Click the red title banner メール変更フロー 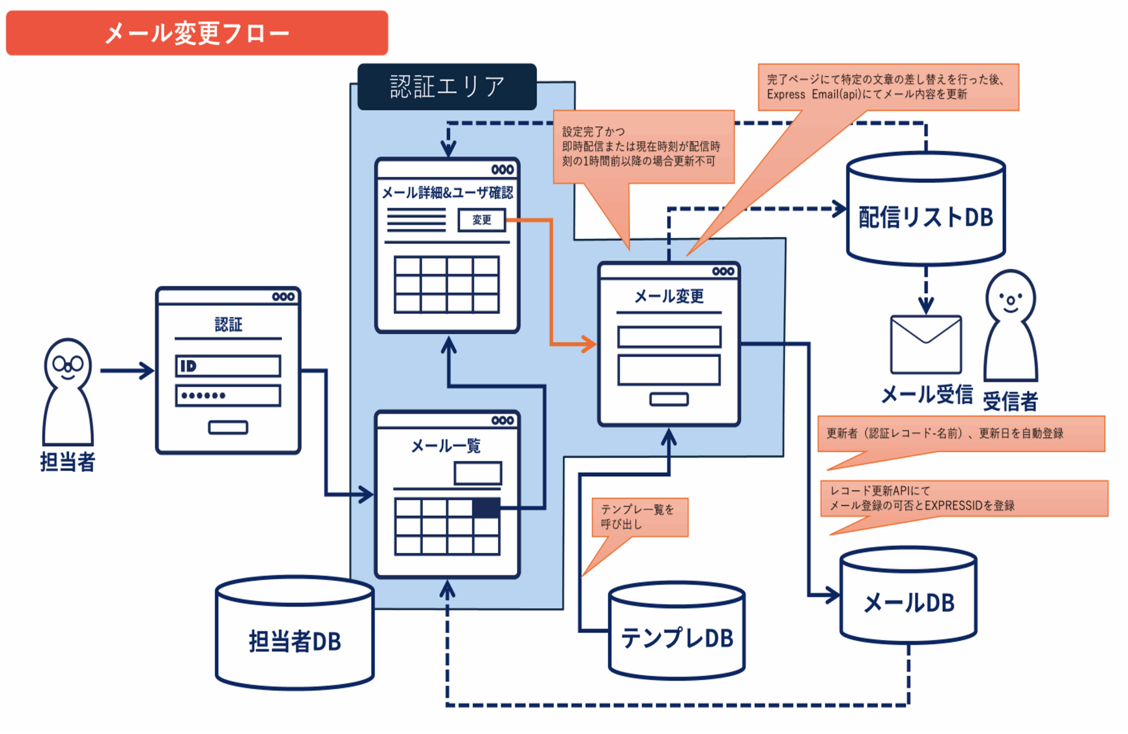tap(197, 33)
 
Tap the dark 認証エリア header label tap(447, 87)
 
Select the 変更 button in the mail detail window tap(482, 220)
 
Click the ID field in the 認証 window tap(228, 366)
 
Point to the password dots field tap(228, 395)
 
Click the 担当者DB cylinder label tap(295, 642)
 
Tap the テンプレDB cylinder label tap(677, 638)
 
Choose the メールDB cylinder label tap(909, 603)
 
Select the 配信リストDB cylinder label tap(926, 218)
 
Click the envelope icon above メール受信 tap(926, 344)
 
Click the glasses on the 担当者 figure tap(68, 364)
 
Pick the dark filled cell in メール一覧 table tap(486, 508)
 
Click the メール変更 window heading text tap(669, 296)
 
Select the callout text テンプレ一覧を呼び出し tap(638, 516)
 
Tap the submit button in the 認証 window tap(228, 427)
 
